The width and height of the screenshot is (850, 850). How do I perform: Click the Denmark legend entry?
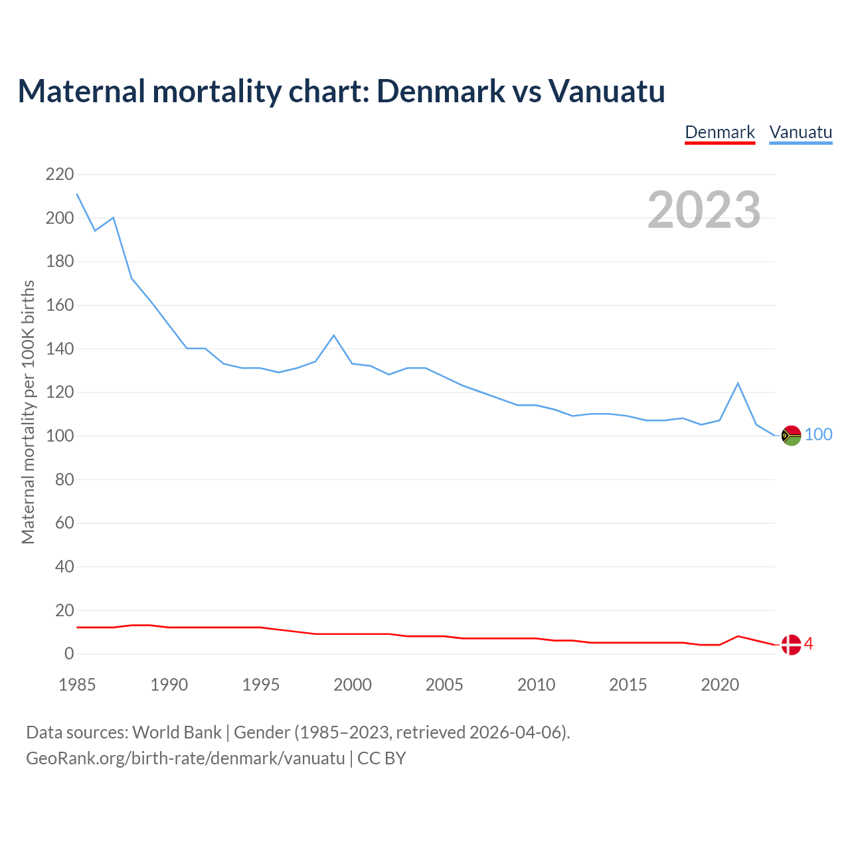[x=720, y=132]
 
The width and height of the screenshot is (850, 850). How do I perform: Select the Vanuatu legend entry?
[x=800, y=132]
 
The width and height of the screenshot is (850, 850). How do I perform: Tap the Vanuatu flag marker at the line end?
[x=791, y=436]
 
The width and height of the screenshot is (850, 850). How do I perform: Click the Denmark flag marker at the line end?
[x=791, y=644]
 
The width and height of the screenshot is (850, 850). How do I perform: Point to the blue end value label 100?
[x=819, y=435]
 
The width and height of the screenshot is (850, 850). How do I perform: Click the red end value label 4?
[x=809, y=643]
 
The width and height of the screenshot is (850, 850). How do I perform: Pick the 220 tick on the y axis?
[x=60, y=175]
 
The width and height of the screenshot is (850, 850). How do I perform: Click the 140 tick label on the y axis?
[x=60, y=349]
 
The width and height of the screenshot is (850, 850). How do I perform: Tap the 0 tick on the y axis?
[x=69, y=654]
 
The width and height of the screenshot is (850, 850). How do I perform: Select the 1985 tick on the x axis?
[x=77, y=685]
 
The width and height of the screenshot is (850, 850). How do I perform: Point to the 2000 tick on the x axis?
[x=353, y=685]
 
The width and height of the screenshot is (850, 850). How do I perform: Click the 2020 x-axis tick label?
[x=720, y=685]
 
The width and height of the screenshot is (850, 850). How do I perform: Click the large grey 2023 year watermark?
[x=704, y=210]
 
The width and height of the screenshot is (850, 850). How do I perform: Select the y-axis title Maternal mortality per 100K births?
[x=28, y=412]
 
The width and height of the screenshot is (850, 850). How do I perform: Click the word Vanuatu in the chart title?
[x=606, y=91]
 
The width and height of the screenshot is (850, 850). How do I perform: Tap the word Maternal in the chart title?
[x=81, y=91]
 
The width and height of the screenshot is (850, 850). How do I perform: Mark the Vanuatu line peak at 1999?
[x=334, y=335]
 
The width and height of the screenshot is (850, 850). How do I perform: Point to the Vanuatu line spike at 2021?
[x=738, y=383]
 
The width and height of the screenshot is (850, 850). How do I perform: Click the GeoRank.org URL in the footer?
[x=185, y=758]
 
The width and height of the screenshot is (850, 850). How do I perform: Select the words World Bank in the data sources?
[x=177, y=732]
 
